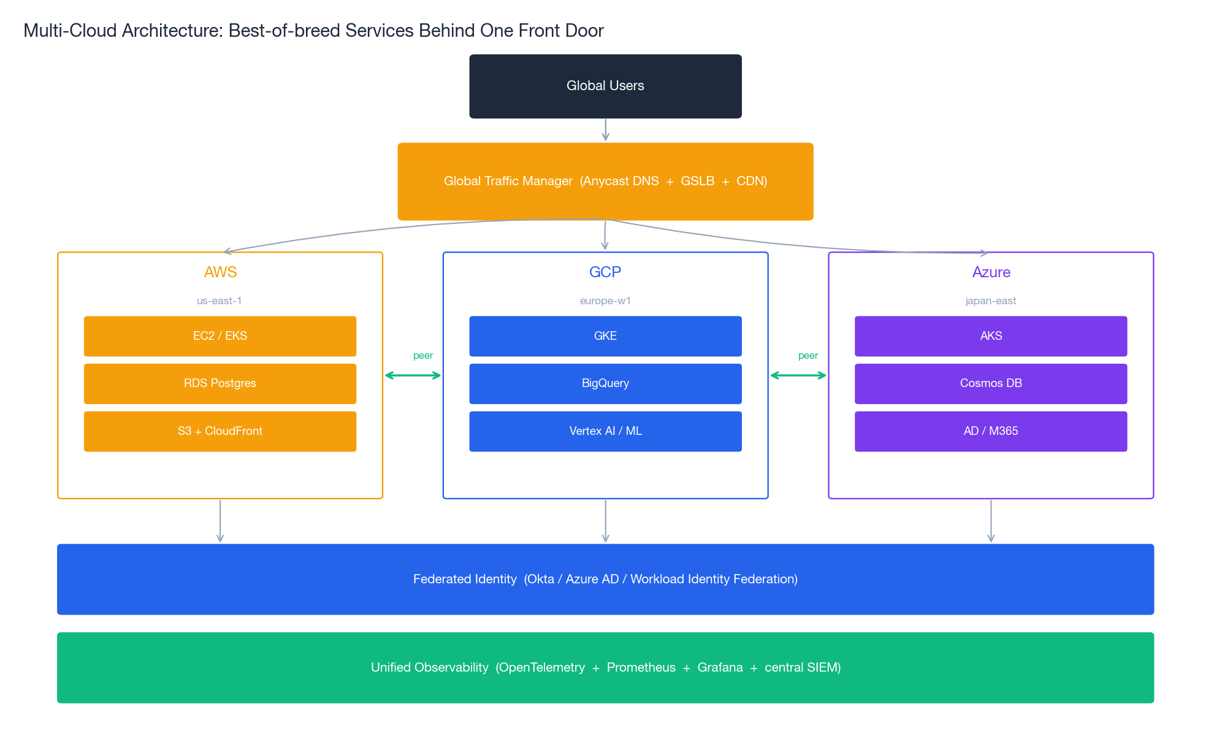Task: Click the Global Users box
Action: [x=605, y=86]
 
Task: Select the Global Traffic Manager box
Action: [x=605, y=181]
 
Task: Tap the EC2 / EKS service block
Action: [x=220, y=336]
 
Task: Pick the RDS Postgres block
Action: [x=220, y=383]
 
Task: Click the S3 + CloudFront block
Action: [x=220, y=431]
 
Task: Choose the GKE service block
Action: [x=605, y=336]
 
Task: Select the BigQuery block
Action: [x=605, y=383]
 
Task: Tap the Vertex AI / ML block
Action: [x=605, y=431]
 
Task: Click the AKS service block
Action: [x=990, y=336]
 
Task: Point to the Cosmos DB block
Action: [x=990, y=383]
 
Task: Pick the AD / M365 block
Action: [x=990, y=431]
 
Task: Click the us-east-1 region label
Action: [x=219, y=301]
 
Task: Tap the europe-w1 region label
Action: [x=605, y=301]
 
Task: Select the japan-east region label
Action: [x=990, y=301]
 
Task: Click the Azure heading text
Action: [x=991, y=272]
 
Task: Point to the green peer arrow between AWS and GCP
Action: [x=413, y=375]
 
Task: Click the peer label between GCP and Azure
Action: [x=808, y=356]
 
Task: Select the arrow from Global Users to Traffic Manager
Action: [x=605, y=130]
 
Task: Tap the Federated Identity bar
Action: [x=605, y=579]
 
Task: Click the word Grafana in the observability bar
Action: [x=720, y=667]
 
